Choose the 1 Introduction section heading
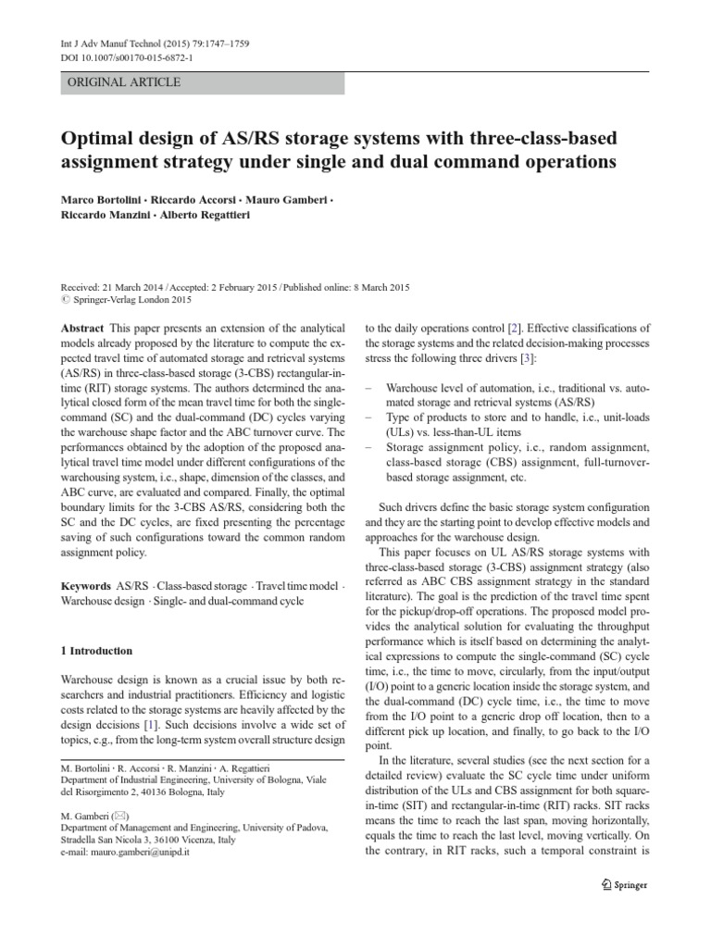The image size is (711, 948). [96, 651]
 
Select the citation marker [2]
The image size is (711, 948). [512, 329]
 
